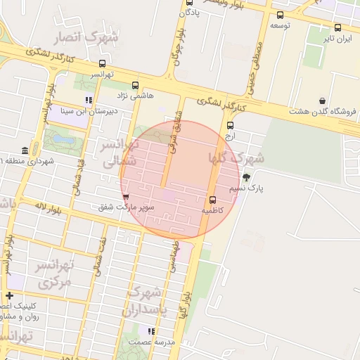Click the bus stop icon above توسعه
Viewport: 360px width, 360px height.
tap(281, 15)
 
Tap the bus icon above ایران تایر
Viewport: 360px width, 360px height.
tap(337, 28)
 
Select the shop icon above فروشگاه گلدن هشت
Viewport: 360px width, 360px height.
tap(322, 101)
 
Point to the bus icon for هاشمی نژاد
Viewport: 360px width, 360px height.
tap(135, 85)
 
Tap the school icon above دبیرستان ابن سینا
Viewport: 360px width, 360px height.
tap(88, 100)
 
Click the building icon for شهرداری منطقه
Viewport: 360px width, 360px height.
tap(25, 151)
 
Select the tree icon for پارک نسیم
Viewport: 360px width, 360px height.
tap(246, 177)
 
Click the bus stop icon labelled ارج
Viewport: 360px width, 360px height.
tap(230, 125)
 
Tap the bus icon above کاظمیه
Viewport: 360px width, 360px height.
tap(213, 199)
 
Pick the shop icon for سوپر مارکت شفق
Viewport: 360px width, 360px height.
tap(127, 197)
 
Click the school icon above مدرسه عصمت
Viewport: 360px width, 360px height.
tap(150, 330)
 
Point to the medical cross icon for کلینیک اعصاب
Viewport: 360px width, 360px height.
tap(9, 295)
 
